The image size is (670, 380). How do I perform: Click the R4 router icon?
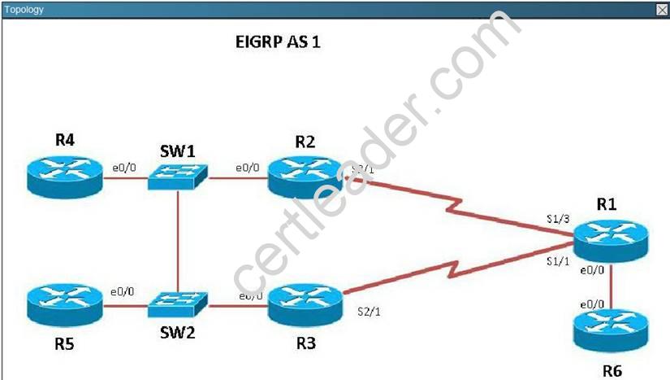pos(65,177)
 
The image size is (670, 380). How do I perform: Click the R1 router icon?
pos(610,239)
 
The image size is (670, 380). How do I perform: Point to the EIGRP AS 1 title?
pos(272,42)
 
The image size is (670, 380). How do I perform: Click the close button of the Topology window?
pos(662,10)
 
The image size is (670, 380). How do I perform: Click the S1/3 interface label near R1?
pos(558,220)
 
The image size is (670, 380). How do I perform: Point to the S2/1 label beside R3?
pos(370,312)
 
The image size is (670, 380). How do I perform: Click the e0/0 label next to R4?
pos(123,167)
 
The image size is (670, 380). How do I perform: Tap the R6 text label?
pos(612,371)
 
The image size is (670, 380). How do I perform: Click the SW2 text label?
pos(176,332)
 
